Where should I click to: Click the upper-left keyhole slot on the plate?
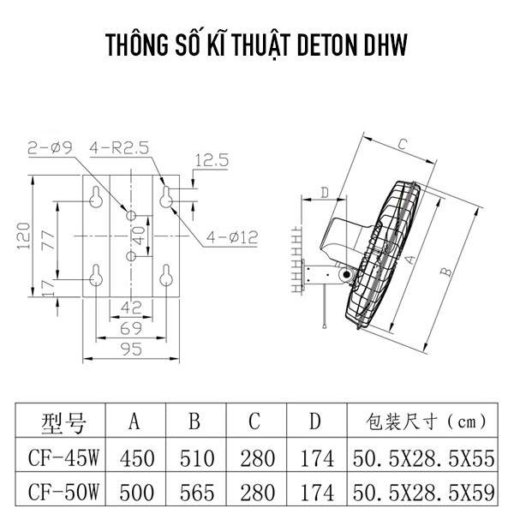click(x=96, y=198)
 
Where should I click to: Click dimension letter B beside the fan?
click(x=444, y=272)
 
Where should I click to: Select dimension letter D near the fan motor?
click(x=325, y=192)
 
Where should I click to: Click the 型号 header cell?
click(x=63, y=421)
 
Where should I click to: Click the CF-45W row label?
click(x=63, y=458)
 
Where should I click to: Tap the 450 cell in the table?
click(x=134, y=458)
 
